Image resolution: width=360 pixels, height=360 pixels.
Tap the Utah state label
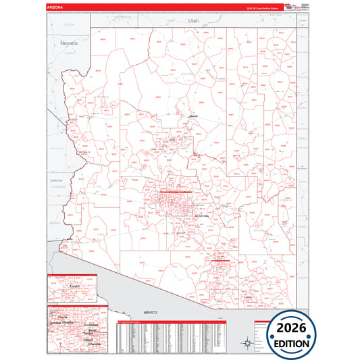pyautogui.click(x=194, y=21)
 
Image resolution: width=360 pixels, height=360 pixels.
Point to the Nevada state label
pyautogui.click(x=69, y=43)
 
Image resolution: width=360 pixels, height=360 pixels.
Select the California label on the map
pyautogui.click(x=55, y=181)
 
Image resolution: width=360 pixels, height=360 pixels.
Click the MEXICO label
pyautogui.click(x=149, y=312)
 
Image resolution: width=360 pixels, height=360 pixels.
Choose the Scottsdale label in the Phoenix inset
pyautogui.click(x=91, y=324)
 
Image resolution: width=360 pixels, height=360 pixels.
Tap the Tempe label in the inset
pyautogui.click(x=88, y=333)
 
